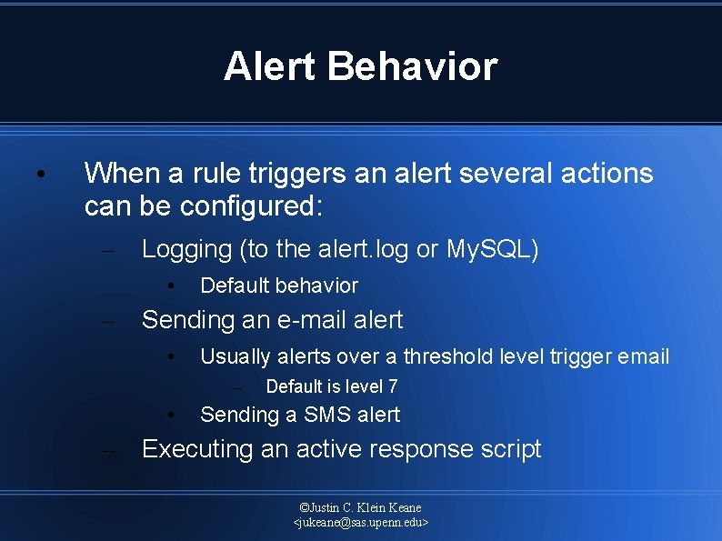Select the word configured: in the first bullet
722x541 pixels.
[251, 206]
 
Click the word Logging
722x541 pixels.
[187, 249]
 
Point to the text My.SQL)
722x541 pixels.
[493, 249]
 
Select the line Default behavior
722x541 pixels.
[279, 286]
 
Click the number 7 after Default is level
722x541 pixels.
[392, 386]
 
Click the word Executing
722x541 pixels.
[197, 449]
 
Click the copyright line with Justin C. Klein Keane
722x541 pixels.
[361, 507]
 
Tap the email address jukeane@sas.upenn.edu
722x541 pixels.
[361, 523]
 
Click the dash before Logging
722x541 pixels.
[108, 250]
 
